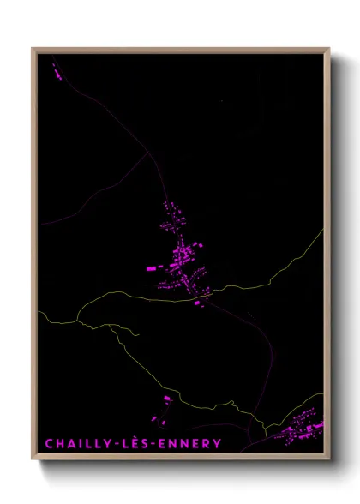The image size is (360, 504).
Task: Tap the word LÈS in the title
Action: point(137,444)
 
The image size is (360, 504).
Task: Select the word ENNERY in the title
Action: point(189,444)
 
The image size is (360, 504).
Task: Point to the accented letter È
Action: point(137,443)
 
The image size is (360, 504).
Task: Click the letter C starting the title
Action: point(49,444)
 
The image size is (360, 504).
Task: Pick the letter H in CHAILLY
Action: point(58,444)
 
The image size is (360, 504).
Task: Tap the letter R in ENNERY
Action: point(207,444)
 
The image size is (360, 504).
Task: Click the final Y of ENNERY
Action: point(217,444)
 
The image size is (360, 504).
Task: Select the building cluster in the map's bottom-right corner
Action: point(302,429)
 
